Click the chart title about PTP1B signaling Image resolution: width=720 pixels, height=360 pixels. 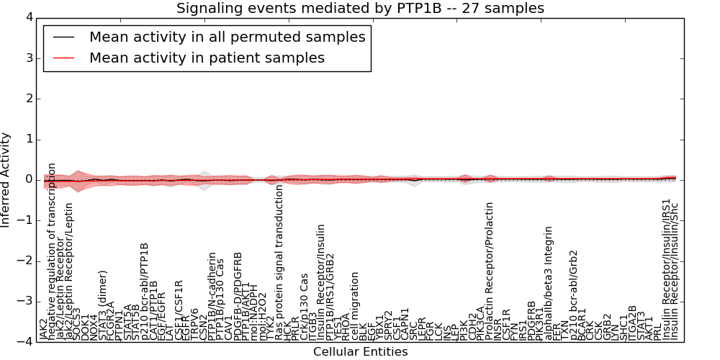(x=360, y=9)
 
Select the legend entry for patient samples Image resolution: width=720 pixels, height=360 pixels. (x=207, y=58)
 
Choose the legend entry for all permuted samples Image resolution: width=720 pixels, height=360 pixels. (x=227, y=37)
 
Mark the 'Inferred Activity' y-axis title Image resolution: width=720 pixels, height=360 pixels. (x=6, y=180)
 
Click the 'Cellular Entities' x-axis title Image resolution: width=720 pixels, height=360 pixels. (x=360, y=352)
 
